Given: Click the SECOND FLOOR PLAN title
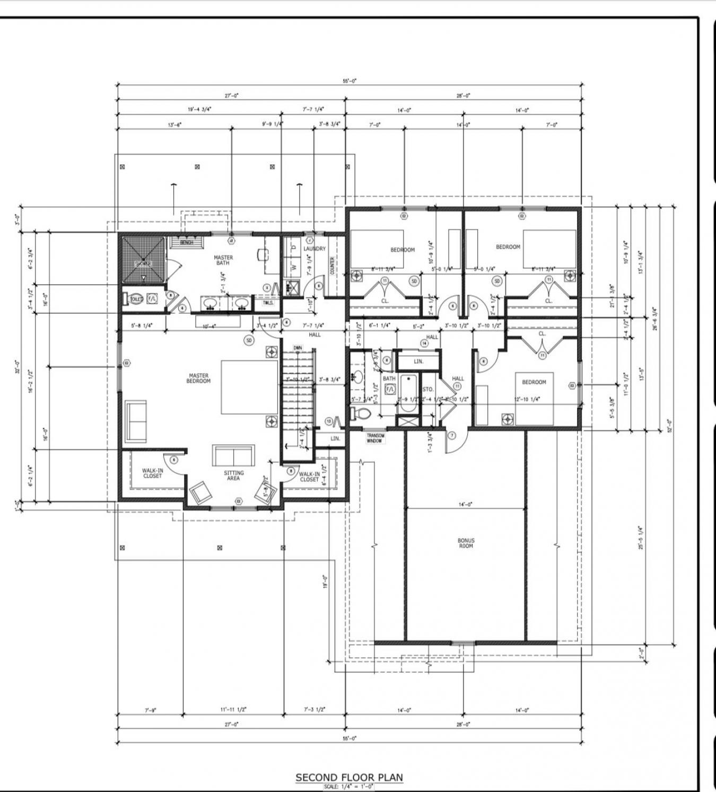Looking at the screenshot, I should coord(349,777).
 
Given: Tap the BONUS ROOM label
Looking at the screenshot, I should coord(466,543).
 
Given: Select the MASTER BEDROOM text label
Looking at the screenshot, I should coord(198,378).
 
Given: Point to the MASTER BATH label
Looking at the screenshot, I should coord(223,260).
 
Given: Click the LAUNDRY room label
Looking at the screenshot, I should coord(315,249).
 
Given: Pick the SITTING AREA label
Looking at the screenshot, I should coord(233,476).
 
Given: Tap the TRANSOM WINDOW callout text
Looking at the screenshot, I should coord(376,438).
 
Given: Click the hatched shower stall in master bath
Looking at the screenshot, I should coord(143,259).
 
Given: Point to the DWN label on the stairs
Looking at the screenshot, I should coord(298,348).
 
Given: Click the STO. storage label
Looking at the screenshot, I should coord(427,389).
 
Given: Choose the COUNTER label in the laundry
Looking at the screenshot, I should coord(333,265).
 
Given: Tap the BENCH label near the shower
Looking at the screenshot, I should coord(186,243).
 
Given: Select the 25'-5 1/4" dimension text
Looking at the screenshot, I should coord(641,537).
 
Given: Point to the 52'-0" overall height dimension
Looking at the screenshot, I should coord(669,426).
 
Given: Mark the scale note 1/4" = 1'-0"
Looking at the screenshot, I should coord(348,787).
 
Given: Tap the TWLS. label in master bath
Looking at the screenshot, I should coord(268,303).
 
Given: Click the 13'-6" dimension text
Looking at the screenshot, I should coord(175,125).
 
